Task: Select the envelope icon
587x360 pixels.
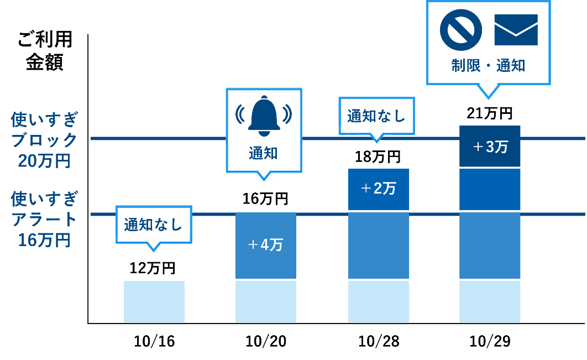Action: [x=516, y=30]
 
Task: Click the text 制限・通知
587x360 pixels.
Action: [x=488, y=66]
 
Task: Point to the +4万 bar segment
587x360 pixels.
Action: [x=266, y=244]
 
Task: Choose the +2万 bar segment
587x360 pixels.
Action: [x=379, y=189]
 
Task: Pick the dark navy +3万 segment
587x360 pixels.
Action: [x=490, y=147]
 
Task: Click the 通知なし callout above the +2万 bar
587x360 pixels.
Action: [x=376, y=116]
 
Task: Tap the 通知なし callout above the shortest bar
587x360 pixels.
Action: [x=153, y=225]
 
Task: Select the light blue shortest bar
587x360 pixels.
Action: [x=154, y=301]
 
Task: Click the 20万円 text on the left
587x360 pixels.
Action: [x=44, y=161]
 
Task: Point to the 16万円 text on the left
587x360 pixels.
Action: [x=44, y=241]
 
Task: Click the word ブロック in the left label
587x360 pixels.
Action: [x=44, y=140]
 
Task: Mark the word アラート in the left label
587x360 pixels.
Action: [x=44, y=220]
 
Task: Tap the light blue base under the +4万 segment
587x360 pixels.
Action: [x=266, y=301]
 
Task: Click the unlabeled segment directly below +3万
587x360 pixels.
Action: [x=490, y=189]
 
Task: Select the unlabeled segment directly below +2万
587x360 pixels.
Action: [x=379, y=245]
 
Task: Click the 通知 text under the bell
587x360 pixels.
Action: [x=264, y=154]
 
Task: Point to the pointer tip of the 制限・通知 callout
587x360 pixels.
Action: [x=488, y=97]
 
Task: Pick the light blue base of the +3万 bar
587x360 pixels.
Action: [x=490, y=301]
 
